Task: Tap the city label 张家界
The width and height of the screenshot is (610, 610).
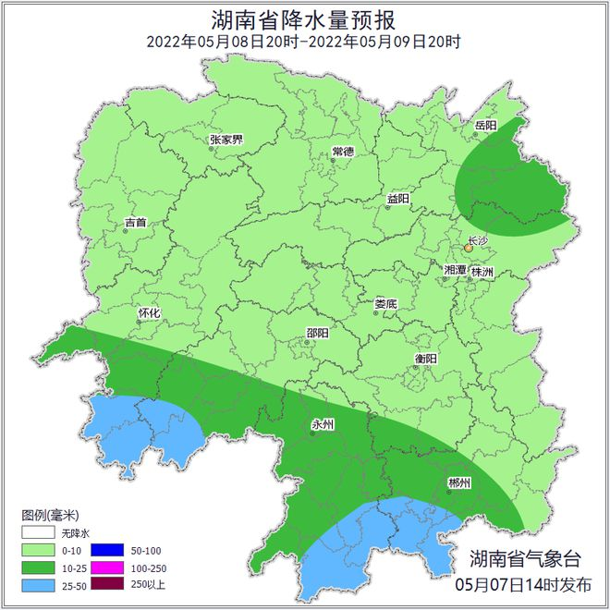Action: (x=226, y=140)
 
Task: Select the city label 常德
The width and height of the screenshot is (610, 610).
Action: (x=343, y=152)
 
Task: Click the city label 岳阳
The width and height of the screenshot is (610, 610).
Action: (x=485, y=125)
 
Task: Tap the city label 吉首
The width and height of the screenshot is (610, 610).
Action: (x=135, y=223)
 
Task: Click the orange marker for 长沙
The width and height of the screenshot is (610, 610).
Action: (x=470, y=248)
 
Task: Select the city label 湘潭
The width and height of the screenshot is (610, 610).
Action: (x=455, y=270)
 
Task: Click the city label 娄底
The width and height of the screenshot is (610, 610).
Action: (x=385, y=303)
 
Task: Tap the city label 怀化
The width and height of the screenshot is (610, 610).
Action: (x=149, y=313)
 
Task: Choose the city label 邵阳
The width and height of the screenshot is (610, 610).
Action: (x=317, y=335)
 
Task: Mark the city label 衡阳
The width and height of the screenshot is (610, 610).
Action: (x=426, y=359)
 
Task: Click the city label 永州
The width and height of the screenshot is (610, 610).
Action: (x=322, y=424)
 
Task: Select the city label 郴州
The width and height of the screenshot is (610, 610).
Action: (x=459, y=483)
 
